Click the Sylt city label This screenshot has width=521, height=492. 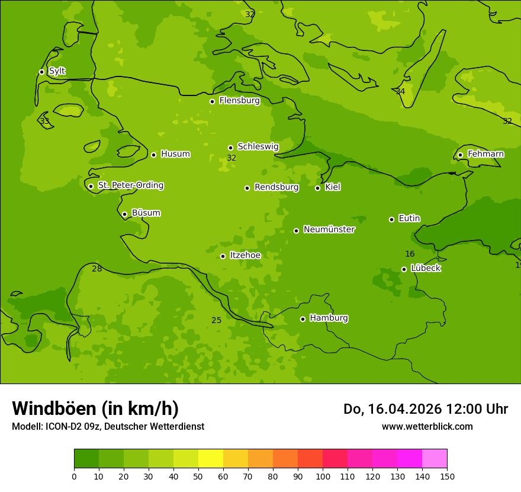pyautogui.click(x=57, y=71)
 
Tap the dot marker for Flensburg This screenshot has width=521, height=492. pyautogui.click(x=212, y=101)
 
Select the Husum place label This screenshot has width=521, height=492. pyautogui.click(x=175, y=154)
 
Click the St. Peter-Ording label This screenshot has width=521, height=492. pyautogui.click(x=130, y=186)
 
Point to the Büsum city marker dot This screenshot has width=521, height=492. pyautogui.click(x=124, y=214)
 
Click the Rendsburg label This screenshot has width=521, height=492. pyautogui.click(x=276, y=187)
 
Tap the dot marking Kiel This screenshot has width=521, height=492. pyautogui.click(x=317, y=188)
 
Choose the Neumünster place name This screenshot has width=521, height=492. pyautogui.click(x=329, y=229)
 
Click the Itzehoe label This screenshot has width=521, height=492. pyautogui.click(x=245, y=255)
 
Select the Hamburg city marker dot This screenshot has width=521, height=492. pyautogui.click(x=303, y=319)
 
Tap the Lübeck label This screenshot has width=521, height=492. pyautogui.click(x=426, y=269)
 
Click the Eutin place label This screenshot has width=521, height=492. pyautogui.click(x=409, y=219)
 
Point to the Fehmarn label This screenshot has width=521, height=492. pyautogui.click(x=485, y=154)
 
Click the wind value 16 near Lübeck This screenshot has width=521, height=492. pyautogui.click(x=410, y=254)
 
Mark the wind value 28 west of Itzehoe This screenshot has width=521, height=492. pyautogui.click(x=97, y=269)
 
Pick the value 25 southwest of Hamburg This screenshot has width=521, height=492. pyautogui.click(x=217, y=321)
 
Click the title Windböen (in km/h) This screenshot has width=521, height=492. pyautogui.click(x=95, y=408)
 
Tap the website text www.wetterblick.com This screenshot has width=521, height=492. pyautogui.click(x=427, y=426)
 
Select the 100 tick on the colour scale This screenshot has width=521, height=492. pyautogui.click(x=323, y=476)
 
